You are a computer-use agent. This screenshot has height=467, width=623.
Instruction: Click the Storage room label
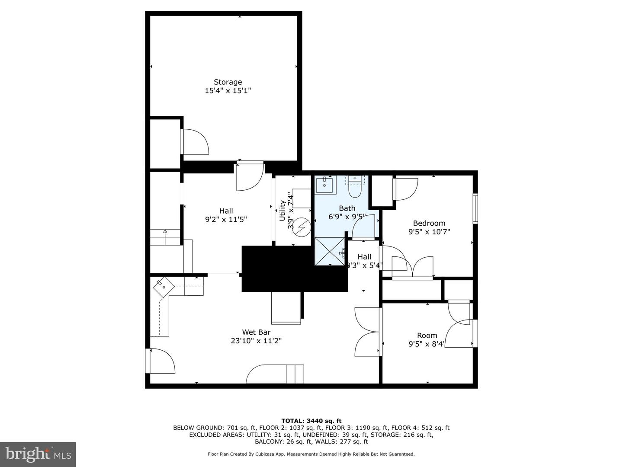(228, 82)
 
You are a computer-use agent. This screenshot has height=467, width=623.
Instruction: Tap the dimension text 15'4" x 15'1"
(228, 91)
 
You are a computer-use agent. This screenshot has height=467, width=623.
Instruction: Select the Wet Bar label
(256, 332)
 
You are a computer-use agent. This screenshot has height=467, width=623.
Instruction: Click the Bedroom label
(429, 223)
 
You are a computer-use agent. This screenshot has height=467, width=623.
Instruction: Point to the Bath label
(347, 208)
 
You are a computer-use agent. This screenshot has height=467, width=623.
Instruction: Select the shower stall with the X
(330, 251)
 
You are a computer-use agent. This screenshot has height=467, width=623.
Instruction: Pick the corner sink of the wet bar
(164, 287)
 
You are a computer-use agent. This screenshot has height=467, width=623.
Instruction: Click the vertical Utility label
(282, 211)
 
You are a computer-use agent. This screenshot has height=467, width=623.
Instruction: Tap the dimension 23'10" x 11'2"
(256, 341)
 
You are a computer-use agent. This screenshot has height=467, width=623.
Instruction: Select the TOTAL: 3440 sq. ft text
(311, 421)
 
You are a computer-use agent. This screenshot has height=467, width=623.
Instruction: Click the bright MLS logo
(38, 454)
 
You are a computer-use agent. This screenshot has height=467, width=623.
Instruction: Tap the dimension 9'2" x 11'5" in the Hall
(226, 220)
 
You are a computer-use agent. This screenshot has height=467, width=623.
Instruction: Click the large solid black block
(295, 269)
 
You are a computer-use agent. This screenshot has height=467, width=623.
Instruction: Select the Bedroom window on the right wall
(475, 208)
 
